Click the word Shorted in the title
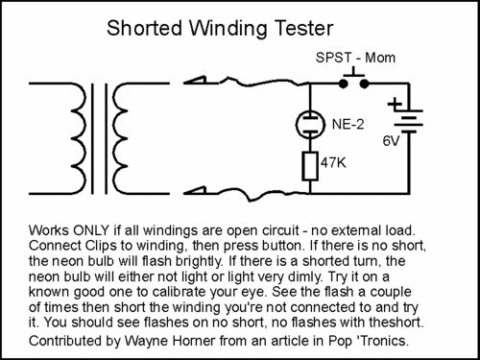144,28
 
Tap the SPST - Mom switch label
355,58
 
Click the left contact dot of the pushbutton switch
344,84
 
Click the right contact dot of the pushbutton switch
364,84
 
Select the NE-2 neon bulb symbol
310,124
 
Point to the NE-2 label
348,124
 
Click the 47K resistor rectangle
310,166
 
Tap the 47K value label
333,163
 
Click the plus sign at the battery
395,104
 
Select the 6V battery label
391,141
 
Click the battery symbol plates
409,121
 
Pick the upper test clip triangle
195,80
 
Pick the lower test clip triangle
195,190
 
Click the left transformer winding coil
79,138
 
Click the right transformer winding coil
120,138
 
